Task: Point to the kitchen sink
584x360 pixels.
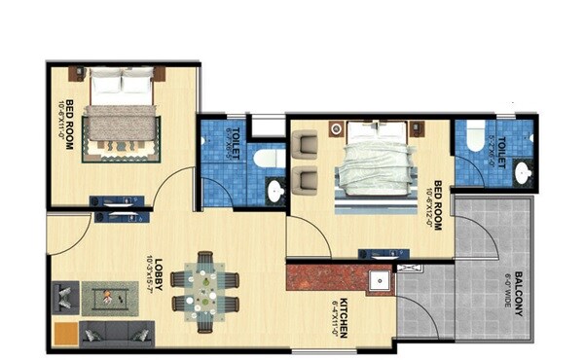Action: (x=382, y=281)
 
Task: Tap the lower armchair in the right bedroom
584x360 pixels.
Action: (x=306, y=179)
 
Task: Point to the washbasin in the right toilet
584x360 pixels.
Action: (x=522, y=173)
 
